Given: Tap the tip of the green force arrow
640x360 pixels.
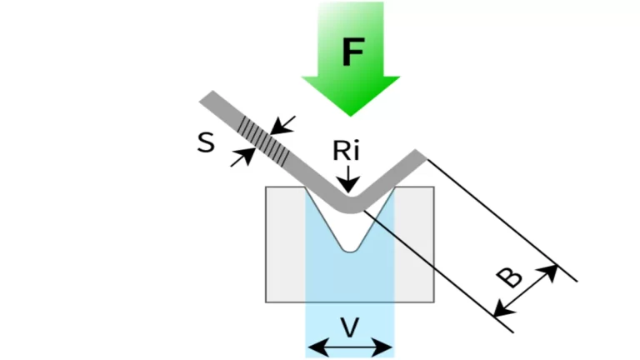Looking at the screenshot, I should pos(351,113).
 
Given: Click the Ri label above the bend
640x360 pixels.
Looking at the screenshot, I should pos(347,151).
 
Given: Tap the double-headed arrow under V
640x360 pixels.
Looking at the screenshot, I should pos(350,347).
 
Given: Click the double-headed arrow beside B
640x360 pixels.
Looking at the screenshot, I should pos(526,291).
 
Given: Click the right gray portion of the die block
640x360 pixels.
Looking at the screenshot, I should pos(414,250).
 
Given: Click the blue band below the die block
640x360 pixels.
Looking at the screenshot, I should pos(350,317).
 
